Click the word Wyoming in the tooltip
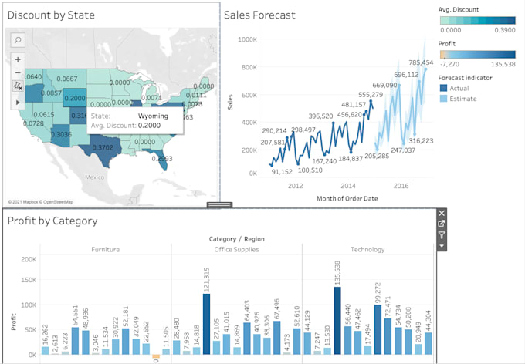[153, 116]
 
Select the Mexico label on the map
[95, 177]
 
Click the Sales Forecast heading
[259, 14]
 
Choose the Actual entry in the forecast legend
[463, 88]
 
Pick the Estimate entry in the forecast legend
[466, 99]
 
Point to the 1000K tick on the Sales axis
[247, 39]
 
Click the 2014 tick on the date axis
[347, 186]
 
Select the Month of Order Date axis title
[347, 199]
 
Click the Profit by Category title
[52, 221]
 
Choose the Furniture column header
[105, 250]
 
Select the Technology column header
[367, 250]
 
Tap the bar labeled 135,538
[337, 320]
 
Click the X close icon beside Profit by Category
[442, 213]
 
